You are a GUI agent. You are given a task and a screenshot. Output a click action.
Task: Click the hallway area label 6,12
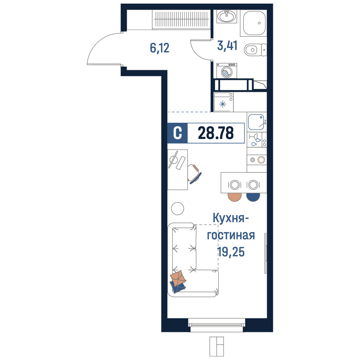(159, 48)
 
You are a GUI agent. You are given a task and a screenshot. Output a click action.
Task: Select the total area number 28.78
(216, 133)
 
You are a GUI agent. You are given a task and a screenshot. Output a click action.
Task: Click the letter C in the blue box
(177, 133)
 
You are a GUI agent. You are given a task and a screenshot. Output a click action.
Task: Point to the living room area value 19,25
(231, 252)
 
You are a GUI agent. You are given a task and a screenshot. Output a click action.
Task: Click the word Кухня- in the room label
(231, 218)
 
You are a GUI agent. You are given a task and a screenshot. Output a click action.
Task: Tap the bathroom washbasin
(226, 16)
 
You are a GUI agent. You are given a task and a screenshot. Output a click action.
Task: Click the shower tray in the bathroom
(254, 23)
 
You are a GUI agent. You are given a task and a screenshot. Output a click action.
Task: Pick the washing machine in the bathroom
(226, 71)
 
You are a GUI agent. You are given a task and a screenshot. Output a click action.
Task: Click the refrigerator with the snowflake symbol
(224, 102)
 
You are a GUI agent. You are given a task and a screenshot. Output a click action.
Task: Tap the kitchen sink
(257, 122)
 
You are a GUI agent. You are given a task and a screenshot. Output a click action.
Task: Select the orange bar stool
(235, 197)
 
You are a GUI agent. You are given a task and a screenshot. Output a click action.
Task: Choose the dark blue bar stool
(253, 197)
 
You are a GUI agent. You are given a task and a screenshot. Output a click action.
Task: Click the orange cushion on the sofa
(178, 279)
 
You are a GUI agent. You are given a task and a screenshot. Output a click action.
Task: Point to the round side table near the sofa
(177, 208)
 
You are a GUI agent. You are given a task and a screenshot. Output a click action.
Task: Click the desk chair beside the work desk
(194, 174)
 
